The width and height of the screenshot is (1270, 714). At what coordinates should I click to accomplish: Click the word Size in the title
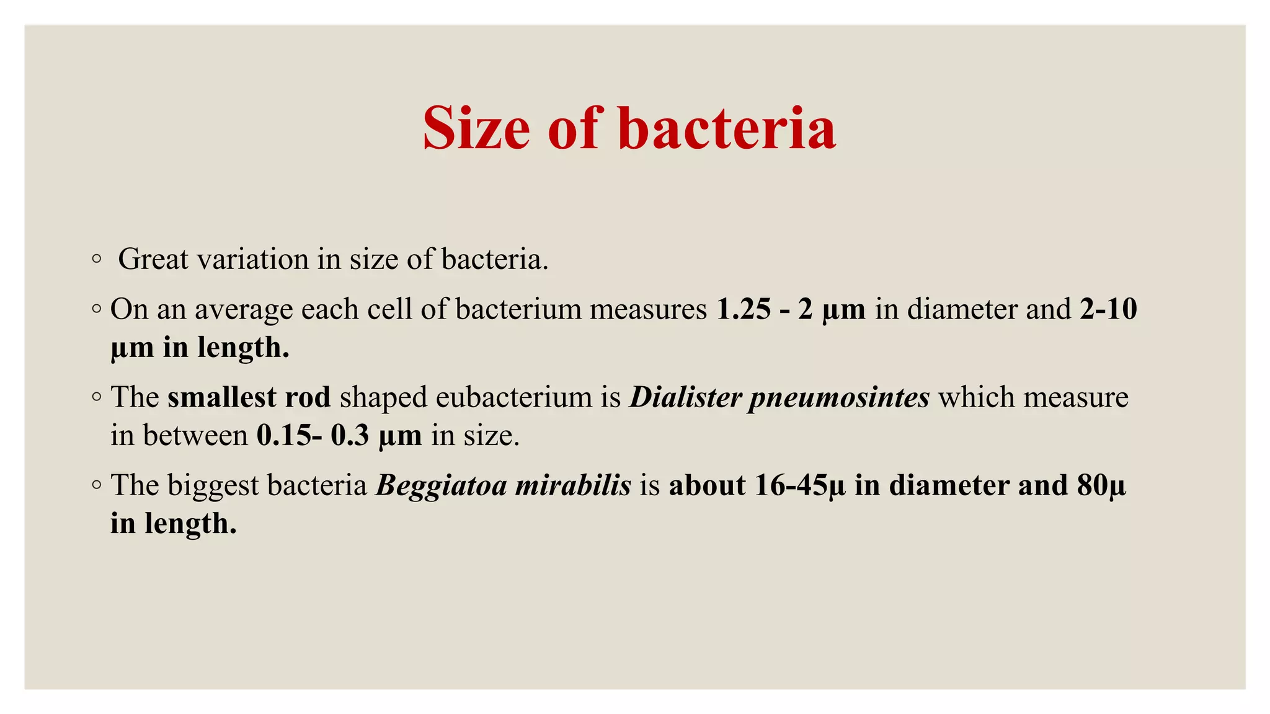click(476, 128)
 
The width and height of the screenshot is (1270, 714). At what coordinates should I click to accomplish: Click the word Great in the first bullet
click(153, 259)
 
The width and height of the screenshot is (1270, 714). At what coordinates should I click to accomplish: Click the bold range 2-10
click(1108, 309)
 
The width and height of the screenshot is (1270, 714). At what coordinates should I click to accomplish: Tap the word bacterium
click(518, 309)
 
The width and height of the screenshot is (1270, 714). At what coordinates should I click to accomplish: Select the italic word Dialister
click(685, 397)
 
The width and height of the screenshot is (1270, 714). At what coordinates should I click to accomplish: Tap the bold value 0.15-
click(289, 435)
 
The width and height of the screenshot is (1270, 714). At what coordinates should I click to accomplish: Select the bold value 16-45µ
click(799, 485)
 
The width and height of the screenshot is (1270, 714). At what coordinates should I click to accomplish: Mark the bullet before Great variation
click(95, 259)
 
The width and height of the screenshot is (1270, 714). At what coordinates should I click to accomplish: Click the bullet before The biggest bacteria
click(95, 485)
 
